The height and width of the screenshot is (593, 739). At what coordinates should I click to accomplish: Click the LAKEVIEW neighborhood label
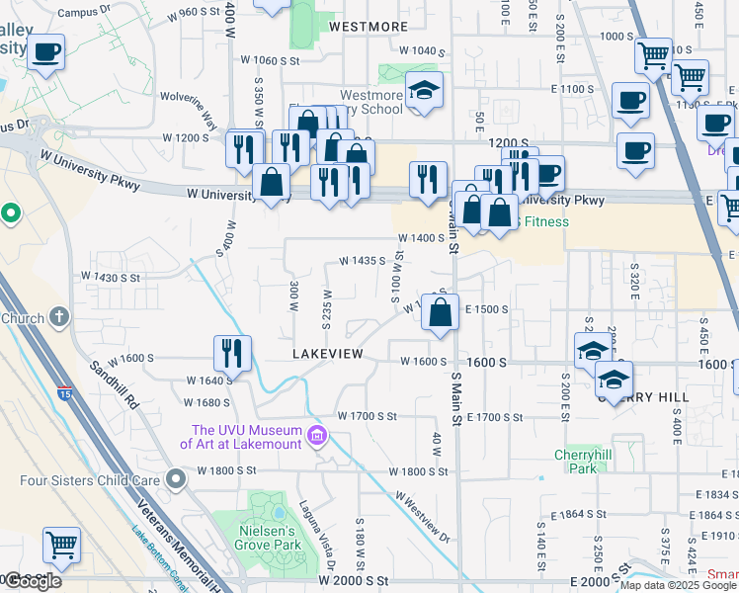tap(328, 354)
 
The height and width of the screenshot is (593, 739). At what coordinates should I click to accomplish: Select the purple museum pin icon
tap(317, 436)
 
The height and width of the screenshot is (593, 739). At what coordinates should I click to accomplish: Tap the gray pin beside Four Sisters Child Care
tap(177, 480)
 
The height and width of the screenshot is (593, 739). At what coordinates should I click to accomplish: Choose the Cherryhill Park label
tap(576, 462)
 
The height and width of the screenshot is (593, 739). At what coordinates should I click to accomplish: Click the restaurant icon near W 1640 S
tap(233, 353)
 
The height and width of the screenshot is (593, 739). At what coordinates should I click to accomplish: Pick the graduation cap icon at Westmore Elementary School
tap(424, 91)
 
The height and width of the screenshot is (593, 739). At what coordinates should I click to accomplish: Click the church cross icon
tap(59, 317)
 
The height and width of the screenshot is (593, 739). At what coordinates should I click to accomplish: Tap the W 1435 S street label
tap(362, 261)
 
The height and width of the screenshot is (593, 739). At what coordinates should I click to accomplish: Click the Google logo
tap(32, 581)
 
